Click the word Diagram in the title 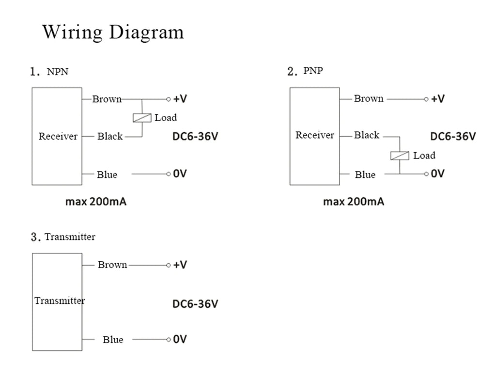[146, 32]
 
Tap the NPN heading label [58, 72]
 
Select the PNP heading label [313, 71]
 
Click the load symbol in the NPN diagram [142, 118]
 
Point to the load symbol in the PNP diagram [400, 156]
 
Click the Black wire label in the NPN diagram [110, 137]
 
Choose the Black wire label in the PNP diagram [367, 135]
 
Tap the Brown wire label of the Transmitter [112, 265]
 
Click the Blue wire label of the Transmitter [113, 340]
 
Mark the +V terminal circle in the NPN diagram [168, 99]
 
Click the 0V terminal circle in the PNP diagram [426, 174]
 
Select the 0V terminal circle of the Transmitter [168, 340]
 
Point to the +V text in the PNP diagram [438, 99]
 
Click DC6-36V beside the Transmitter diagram [195, 304]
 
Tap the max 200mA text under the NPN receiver [96, 202]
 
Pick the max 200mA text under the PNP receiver [354, 202]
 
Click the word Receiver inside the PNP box [315, 135]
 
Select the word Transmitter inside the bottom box [60, 300]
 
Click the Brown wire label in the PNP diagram [369, 99]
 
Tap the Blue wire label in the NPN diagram [107, 174]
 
